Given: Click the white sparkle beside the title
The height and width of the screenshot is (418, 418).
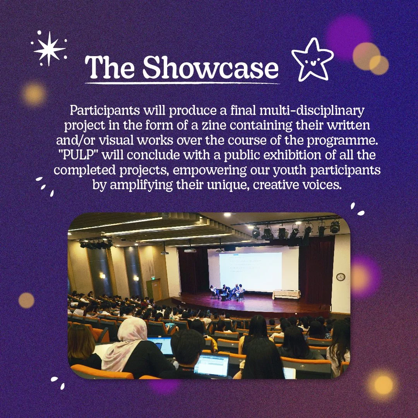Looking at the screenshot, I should coord(49,48).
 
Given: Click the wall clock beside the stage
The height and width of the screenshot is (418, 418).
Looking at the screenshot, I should coord(341,277).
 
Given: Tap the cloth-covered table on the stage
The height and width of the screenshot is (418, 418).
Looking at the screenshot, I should coord(286,295).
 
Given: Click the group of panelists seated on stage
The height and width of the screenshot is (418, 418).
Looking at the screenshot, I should coord(228,292).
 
